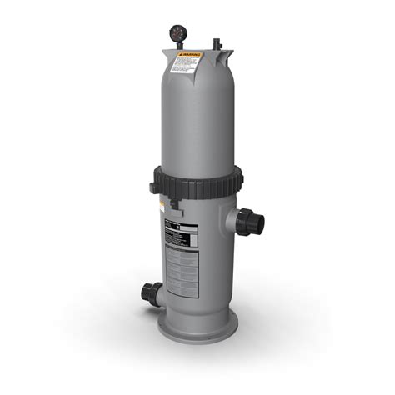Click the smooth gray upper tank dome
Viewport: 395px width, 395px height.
(197, 117)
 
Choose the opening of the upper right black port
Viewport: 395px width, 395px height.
(260, 222)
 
